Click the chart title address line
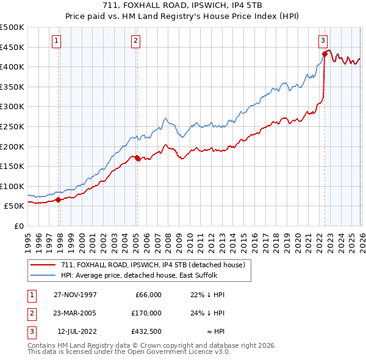[182, 7]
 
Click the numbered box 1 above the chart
[56, 41]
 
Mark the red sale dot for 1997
[59, 200]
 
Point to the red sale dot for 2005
[137, 158]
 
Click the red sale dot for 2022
[325, 54]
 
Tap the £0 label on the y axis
[18, 226]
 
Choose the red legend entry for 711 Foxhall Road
[152, 265]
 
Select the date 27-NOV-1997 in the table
[76, 295]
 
